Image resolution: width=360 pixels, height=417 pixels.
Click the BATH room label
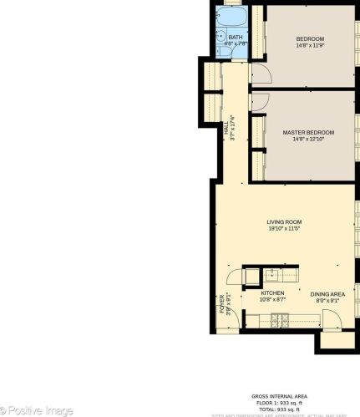(x=236, y=37)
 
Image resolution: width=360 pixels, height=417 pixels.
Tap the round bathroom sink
(x=221, y=37)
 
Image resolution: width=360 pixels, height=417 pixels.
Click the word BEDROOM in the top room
(x=310, y=39)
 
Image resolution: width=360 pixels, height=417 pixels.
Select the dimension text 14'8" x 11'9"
(x=310, y=46)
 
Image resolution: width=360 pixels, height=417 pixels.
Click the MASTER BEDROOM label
(x=308, y=133)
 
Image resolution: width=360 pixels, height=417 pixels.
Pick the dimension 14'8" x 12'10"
(x=308, y=140)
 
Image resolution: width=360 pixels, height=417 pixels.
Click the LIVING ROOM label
(x=284, y=221)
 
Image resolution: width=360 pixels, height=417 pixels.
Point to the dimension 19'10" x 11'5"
(x=284, y=228)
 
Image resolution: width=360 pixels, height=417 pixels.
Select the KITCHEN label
(x=272, y=292)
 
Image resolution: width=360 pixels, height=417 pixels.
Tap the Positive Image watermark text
(x=38, y=409)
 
